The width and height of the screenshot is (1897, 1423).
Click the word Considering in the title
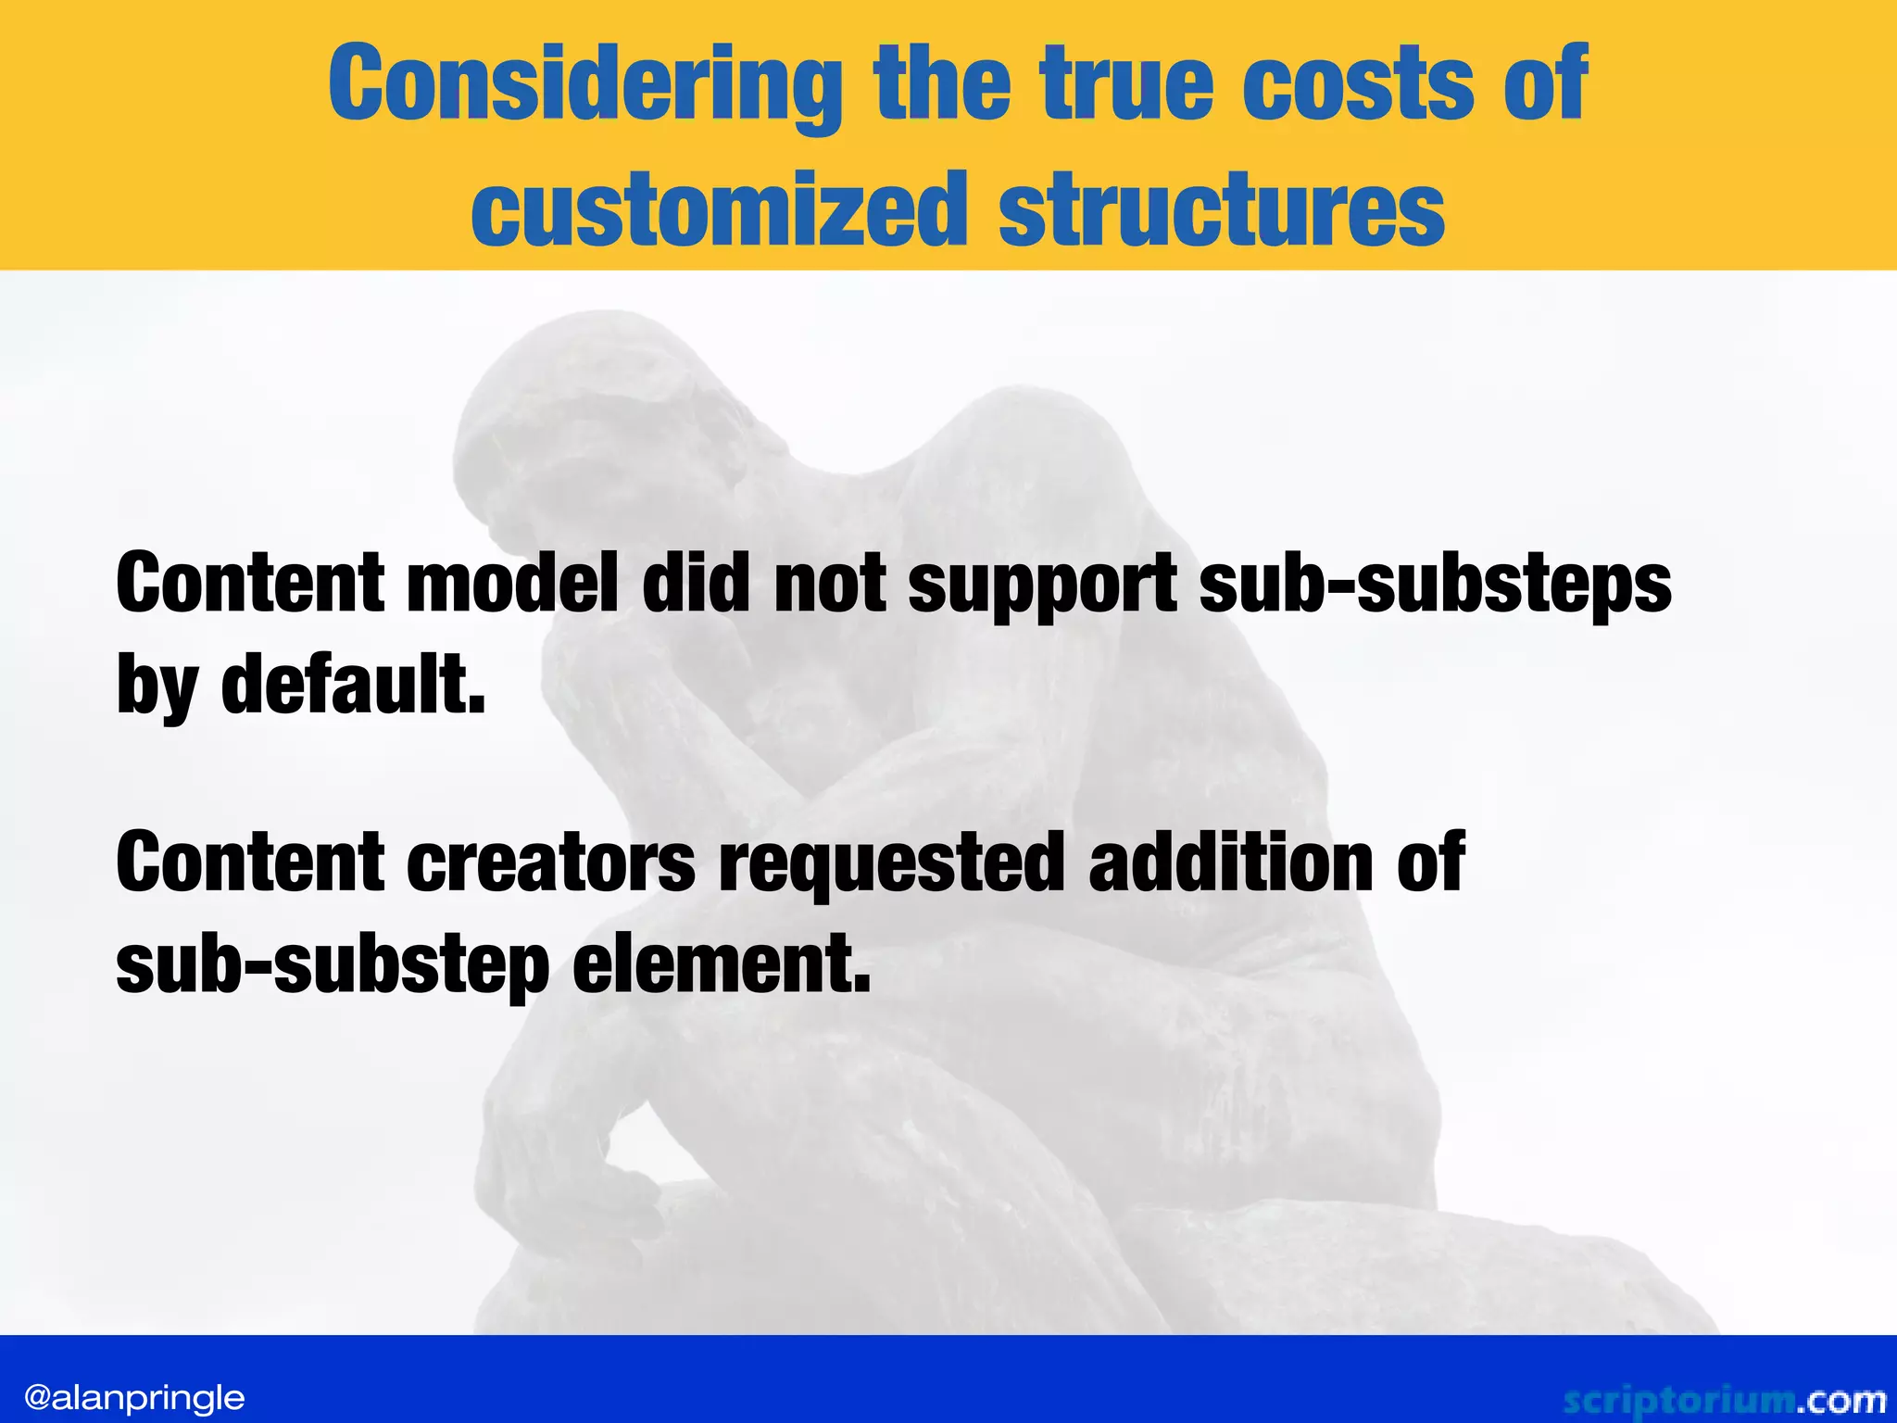point(584,86)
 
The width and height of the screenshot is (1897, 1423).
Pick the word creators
point(551,862)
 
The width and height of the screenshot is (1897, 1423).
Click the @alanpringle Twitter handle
point(134,1397)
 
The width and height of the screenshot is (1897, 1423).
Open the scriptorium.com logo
point(1724,1400)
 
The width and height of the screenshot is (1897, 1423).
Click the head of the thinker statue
point(593,426)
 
